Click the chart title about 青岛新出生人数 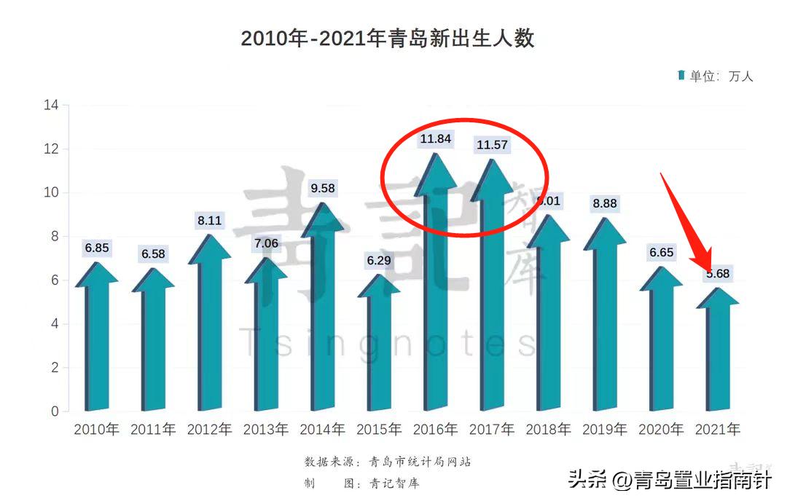(388, 39)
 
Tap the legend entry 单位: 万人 (716, 76)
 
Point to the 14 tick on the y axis (51, 105)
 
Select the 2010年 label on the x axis (96, 430)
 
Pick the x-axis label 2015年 (379, 430)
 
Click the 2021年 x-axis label (718, 430)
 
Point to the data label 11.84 (436, 138)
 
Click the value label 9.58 (323, 189)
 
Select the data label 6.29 (379, 260)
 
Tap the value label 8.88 (605, 204)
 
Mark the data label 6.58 (153, 254)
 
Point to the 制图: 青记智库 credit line (362, 483)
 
